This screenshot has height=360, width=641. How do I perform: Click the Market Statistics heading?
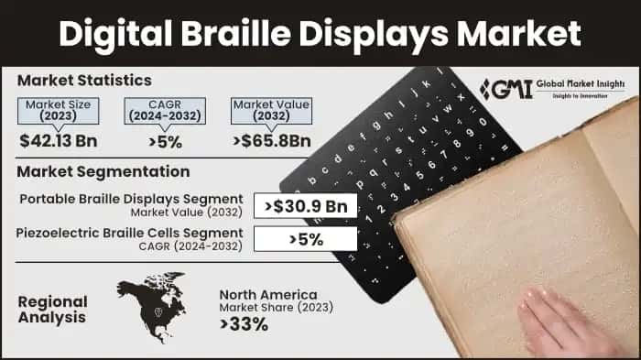(83, 81)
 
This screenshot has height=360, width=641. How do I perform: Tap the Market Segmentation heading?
(103, 171)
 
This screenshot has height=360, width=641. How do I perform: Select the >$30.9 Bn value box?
(304, 206)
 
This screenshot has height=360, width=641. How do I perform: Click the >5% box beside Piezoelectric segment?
(304, 238)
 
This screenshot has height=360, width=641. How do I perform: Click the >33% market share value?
(243, 323)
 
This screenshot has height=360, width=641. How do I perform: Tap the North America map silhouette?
(150, 303)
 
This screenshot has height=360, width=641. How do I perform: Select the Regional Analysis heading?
(53, 310)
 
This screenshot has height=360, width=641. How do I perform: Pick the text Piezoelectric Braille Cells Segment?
(129, 233)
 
